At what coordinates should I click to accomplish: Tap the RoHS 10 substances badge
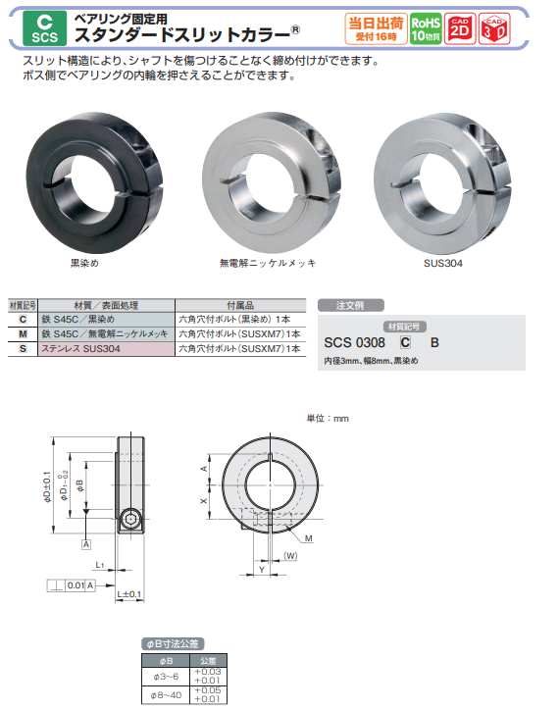(x=425, y=27)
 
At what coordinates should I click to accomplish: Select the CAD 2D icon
(x=461, y=27)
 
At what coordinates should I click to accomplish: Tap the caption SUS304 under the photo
(x=436, y=264)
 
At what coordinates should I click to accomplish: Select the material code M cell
(x=23, y=333)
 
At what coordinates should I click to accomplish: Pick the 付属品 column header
(x=240, y=305)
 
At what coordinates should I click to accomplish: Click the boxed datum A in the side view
(x=86, y=543)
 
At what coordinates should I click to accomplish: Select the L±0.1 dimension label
(x=128, y=594)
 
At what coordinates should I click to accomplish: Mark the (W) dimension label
(x=290, y=556)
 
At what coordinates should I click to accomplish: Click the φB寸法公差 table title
(x=173, y=644)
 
